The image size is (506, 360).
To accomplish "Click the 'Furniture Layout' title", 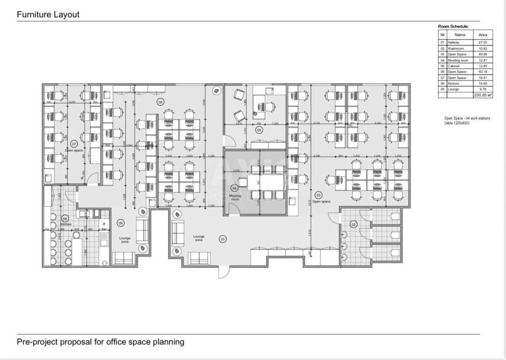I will click(x=48, y=14).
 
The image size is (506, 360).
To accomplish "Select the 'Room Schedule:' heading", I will click(x=453, y=27).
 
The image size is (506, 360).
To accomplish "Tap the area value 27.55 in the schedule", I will click(x=483, y=43).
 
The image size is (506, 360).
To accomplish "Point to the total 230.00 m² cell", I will click(x=483, y=95).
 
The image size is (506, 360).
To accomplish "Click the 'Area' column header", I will click(x=483, y=35).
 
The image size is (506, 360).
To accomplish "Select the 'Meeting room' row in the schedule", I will click(x=458, y=60).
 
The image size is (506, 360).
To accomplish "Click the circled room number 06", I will click(x=160, y=102).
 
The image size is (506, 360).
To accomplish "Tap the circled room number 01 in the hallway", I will click(x=222, y=239).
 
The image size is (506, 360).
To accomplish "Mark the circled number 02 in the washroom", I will click(x=354, y=225).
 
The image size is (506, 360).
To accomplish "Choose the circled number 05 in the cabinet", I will click(x=259, y=130).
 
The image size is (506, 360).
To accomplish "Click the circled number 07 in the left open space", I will click(x=73, y=144).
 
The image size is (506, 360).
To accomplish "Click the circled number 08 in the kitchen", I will click(x=65, y=218).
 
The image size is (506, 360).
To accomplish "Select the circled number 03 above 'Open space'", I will click(x=319, y=195).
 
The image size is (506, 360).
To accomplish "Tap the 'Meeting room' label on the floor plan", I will click(x=235, y=197).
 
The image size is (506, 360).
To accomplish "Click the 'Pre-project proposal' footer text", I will click(x=100, y=341).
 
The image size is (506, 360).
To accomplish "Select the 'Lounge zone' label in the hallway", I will click(x=199, y=238).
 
